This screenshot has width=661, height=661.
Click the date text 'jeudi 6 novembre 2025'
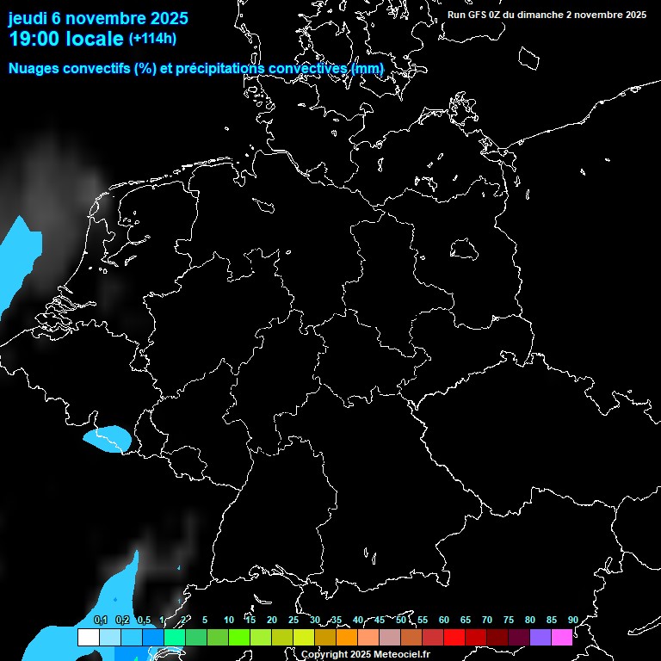[x=98, y=18]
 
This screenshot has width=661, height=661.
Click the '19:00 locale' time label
[x=66, y=39]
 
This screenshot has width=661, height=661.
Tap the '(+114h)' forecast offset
[x=152, y=39]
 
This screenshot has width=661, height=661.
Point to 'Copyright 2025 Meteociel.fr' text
[x=365, y=654]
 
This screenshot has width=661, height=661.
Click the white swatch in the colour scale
[x=88, y=638]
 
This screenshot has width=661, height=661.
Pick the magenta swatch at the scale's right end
[x=562, y=638]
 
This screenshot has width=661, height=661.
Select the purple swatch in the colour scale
[x=541, y=638]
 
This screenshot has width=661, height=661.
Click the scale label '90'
[x=573, y=620]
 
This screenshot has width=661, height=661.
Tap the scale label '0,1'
[x=101, y=621]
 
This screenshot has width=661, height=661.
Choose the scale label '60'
[x=444, y=620]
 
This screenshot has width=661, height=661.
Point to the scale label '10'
[x=229, y=620]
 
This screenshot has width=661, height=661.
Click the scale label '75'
[x=509, y=620]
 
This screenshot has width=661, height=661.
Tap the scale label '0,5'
[x=144, y=621]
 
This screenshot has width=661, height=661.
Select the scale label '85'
[x=552, y=620]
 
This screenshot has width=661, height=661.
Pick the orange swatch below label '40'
[x=347, y=638]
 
